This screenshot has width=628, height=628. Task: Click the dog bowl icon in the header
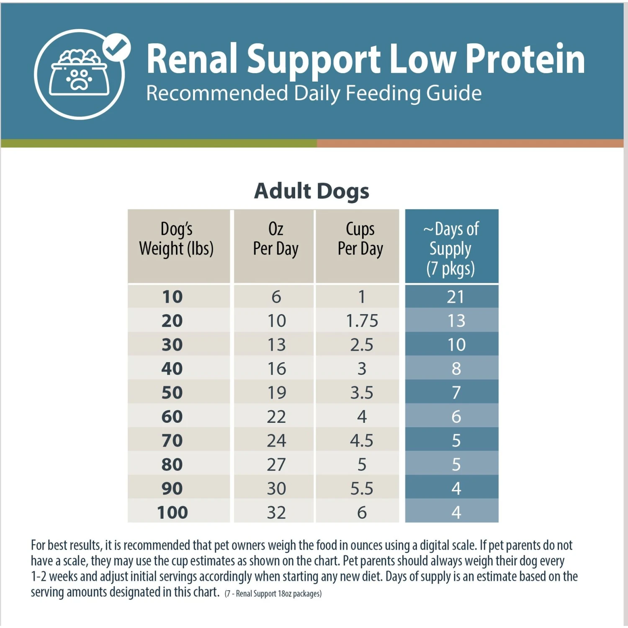pos(79,73)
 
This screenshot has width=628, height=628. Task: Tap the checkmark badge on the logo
pos(117,47)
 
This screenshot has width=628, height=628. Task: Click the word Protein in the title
pos(525,59)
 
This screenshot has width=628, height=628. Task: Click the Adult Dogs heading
pos(312,191)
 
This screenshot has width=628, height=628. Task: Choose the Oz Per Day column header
pos(275,239)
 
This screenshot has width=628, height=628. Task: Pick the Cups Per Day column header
pos(360,239)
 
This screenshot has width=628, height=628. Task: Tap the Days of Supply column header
pos(451,248)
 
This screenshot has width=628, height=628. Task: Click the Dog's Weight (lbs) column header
pos(177,239)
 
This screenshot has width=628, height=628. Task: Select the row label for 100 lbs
pos(172,512)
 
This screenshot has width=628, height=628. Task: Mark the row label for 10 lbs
pos(172,297)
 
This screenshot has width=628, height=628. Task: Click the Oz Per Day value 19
pos(276,393)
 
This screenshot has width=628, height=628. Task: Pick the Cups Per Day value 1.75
pos(362,321)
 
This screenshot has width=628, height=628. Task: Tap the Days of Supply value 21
pos(456,297)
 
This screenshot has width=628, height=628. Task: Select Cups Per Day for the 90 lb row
pos(362,489)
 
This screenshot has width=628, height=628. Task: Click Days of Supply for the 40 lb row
pos(456,369)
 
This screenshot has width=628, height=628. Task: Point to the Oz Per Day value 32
pos(276,512)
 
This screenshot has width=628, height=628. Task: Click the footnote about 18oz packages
pos(273,594)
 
